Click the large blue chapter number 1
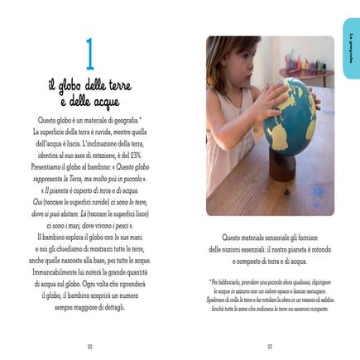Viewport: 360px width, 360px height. pos(90,54)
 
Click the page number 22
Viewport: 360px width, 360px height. pos(89,345)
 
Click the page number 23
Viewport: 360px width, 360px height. pos(270,345)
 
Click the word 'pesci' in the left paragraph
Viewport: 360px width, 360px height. pos(122,223)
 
